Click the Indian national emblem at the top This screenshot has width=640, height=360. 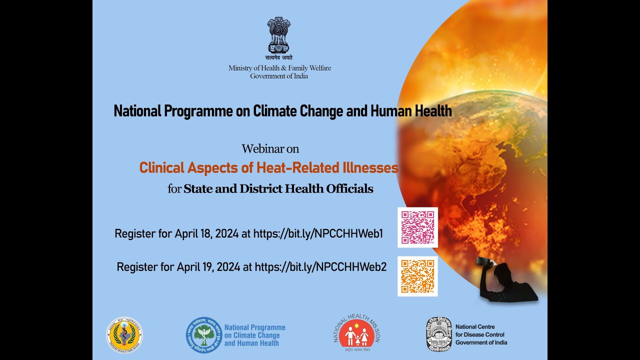pyautogui.click(x=279, y=35)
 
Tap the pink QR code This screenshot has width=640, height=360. pyautogui.click(x=417, y=227)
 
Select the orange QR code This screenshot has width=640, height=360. pyautogui.click(x=417, y=276)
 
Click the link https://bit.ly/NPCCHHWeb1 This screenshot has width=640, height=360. pyautogui.click(x=318, y=233)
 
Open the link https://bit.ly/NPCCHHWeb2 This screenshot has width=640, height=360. pyautogui.click(x=320, y=267)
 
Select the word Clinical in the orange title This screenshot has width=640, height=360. pyautogui.click(x=161, y=167)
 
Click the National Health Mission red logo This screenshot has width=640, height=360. pyautogui.click(x=357, y=334)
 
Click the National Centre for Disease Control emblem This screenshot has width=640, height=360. pyautogui.click(x=438, y=334)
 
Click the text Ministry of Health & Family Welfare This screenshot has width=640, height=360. pyautogui.click(x=279, y=68)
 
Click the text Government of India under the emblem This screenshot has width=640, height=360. pyautogui.click(x=279, y=76)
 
